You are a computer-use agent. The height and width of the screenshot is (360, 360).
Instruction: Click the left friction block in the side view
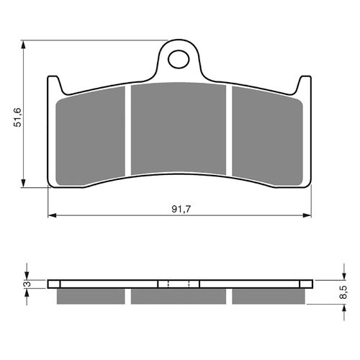pos(91,296)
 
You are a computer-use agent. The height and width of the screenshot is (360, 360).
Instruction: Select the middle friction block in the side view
pos(179,296)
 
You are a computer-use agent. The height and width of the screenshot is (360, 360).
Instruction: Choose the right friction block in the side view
pos(267,296)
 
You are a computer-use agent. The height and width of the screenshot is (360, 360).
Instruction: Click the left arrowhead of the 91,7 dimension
pos(52,215)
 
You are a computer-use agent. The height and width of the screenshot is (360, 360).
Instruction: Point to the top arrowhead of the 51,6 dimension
pos(26,45)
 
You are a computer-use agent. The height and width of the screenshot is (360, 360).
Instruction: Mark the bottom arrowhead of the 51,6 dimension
pos(26,185)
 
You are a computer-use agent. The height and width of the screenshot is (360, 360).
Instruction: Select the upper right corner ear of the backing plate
pos(305,83)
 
